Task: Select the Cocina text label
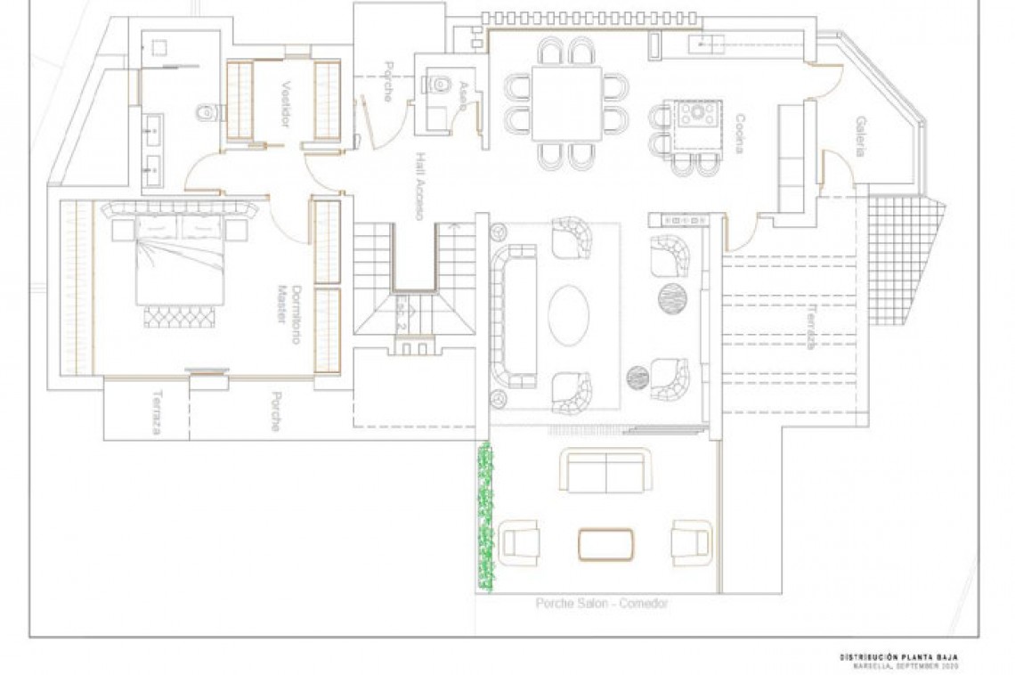click(740, 134)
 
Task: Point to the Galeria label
click(861, 136)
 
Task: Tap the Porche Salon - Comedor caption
click(601, 603)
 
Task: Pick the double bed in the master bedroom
click(178, 258)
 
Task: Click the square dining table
click(566, 103)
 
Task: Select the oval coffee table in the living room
click(568, 314)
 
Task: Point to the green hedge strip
click(484, 516)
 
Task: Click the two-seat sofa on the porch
click(605, 471)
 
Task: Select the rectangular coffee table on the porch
click(605, 543)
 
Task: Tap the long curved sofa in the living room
click(514, 316)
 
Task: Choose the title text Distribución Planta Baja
click(899, 657)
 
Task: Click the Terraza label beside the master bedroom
click(156, 412)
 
